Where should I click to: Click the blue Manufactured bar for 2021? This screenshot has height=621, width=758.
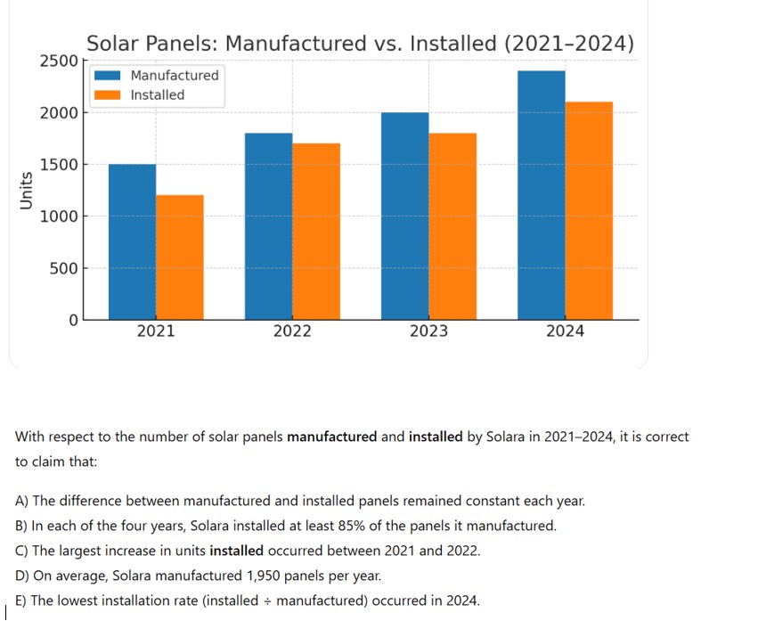coord(132,241)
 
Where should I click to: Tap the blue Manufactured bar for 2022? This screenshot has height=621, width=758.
coord(268,226)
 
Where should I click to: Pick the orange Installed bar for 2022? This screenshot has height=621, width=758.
coord(316,231)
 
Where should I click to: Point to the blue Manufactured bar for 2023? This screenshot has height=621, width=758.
coord(404,216)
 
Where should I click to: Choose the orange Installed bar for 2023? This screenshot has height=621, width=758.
coord(452,226)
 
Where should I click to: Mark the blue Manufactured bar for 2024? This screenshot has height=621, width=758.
coord(541,195)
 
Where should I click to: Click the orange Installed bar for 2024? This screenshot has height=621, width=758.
coord(589,210)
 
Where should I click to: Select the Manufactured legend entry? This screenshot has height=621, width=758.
coord(174,76)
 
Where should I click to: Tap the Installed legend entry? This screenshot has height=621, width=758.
coord(157,95)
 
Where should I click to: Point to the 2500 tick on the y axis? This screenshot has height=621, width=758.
coord(59,61)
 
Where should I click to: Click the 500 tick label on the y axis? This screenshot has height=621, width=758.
coord(63,268)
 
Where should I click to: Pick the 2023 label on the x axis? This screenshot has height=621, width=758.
coord(428,331)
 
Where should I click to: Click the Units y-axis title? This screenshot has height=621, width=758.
coord(27,190)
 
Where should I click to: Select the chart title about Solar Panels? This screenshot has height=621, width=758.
coord(360,44)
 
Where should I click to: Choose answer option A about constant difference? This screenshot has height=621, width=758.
coord(300,501)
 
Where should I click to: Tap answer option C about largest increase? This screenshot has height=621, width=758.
coord(248,551)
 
